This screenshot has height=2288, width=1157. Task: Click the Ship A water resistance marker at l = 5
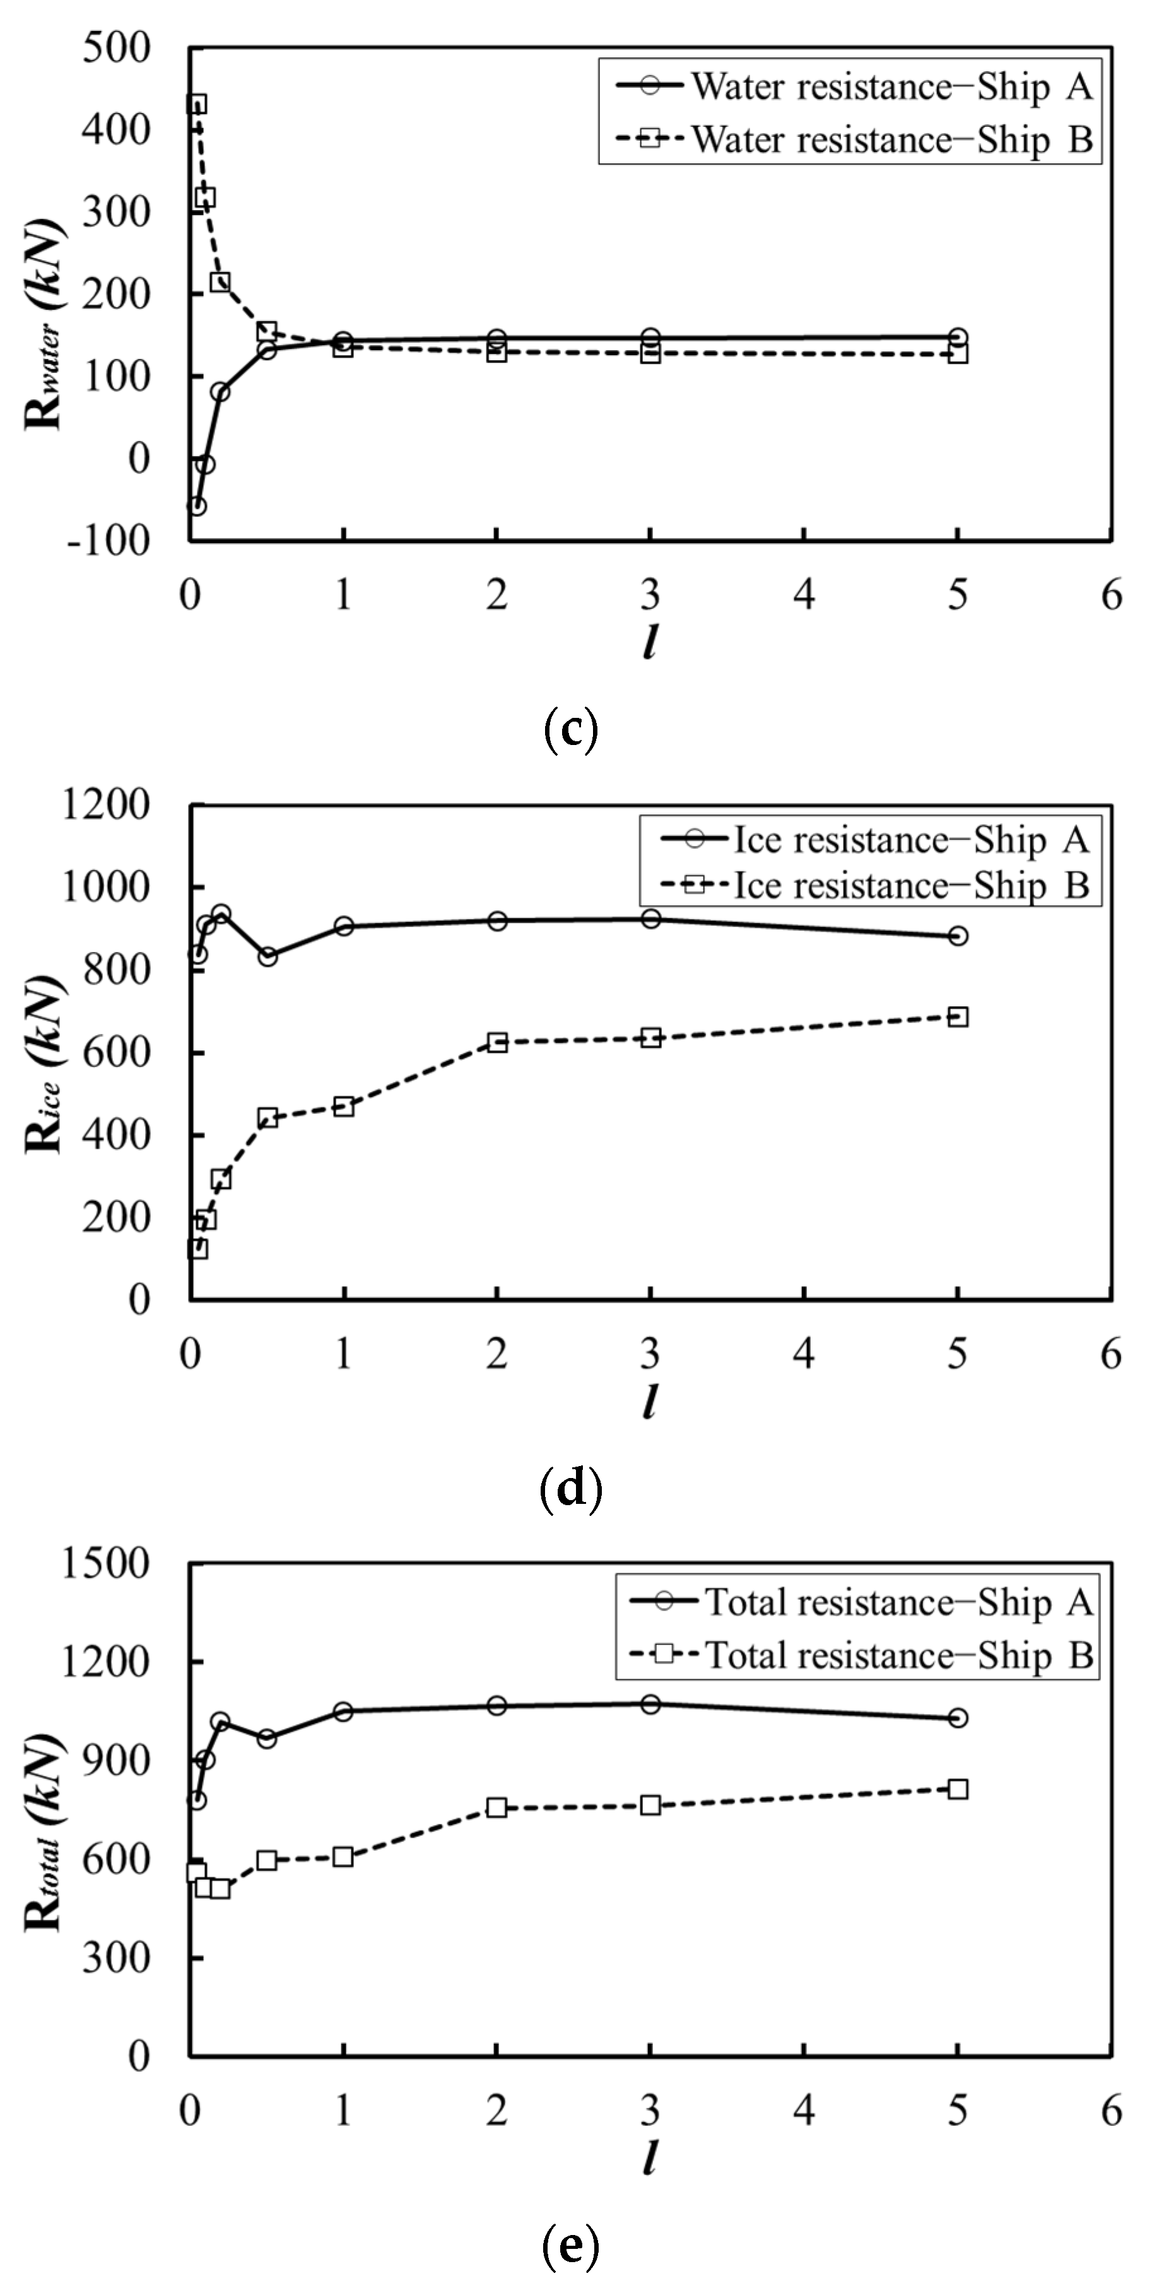[957, 337]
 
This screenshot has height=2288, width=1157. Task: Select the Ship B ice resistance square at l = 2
[497, 1043]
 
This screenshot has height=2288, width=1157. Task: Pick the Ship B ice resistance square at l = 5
[957, 1017]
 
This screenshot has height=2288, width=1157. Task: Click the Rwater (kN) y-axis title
[44, 324]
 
